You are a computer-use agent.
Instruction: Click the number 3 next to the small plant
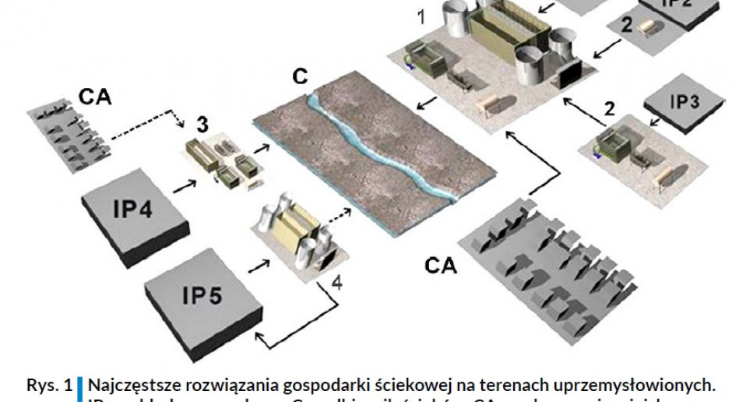[202, 123]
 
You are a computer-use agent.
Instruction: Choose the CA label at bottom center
[441, 266]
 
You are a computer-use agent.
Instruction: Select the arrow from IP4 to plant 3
[184, 185]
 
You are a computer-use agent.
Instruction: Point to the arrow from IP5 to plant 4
[257, 266]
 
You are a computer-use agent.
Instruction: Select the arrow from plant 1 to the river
[425, 104]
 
